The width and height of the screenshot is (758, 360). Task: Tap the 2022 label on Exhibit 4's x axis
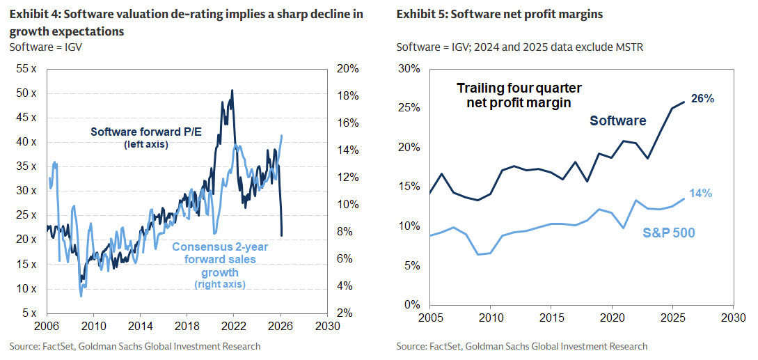(233, 325)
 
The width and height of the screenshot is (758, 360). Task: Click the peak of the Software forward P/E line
(232, 91)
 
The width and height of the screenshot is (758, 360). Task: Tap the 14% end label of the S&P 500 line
(701, 194)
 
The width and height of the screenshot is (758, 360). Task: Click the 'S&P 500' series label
(670, 232)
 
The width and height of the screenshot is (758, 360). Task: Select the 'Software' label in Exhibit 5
(618, 120)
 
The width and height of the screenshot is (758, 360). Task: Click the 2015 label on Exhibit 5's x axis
(551, 318)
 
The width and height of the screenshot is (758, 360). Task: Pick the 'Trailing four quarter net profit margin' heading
(519, 95)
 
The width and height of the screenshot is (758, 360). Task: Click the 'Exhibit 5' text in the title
(422, 14)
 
